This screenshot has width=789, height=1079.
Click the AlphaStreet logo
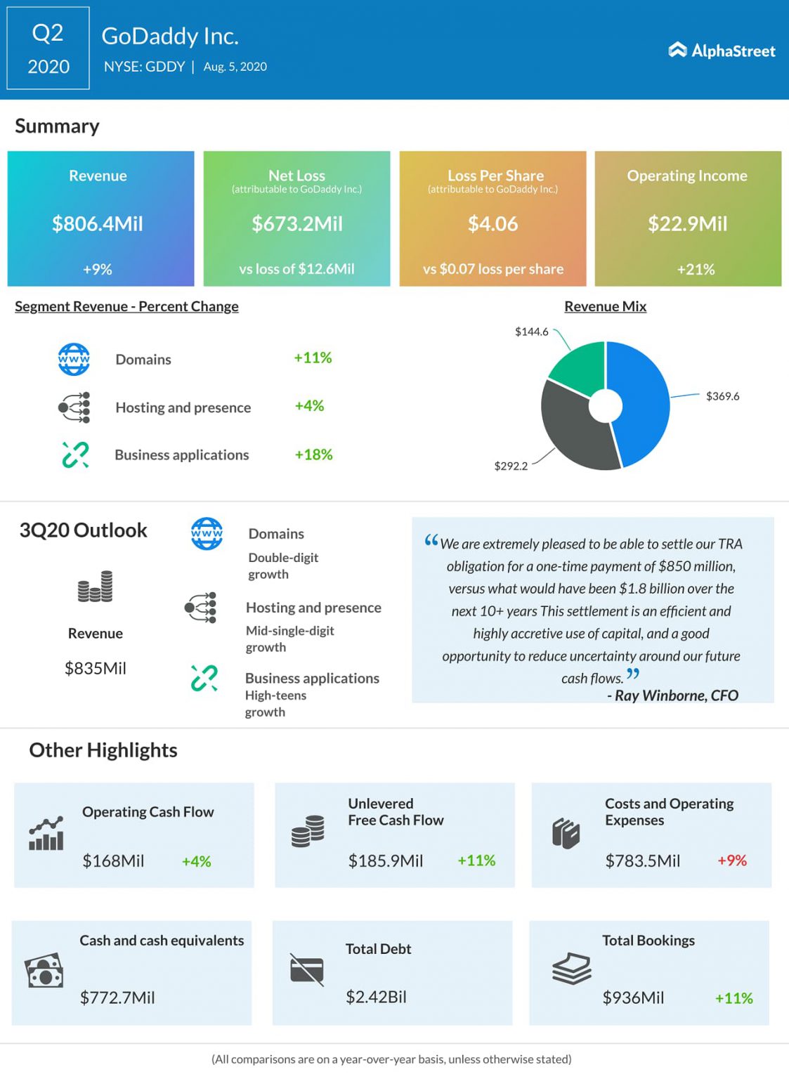(722, 51)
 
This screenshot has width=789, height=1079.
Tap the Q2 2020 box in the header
(48, 48)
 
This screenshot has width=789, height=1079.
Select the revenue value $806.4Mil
(98, 224)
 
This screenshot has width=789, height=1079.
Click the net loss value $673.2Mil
(297, 224)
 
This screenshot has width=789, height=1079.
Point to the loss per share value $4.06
(493, 224)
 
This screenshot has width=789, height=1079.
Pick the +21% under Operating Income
(696, 270)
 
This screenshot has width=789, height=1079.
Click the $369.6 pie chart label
(722, 396)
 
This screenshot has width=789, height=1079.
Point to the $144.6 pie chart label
(531, 332)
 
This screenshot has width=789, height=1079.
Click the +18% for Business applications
(313, 455)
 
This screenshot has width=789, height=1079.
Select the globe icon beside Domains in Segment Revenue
(74, 360)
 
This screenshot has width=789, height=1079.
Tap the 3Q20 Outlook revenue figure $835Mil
(96, 668)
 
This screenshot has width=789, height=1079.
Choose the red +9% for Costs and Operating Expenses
(731, 861)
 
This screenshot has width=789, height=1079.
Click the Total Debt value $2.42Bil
(376, 997)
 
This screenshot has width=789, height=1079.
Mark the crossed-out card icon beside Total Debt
(307, 970)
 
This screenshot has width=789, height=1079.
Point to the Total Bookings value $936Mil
(633, 998)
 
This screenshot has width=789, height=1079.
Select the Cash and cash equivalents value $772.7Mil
(117, 998)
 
